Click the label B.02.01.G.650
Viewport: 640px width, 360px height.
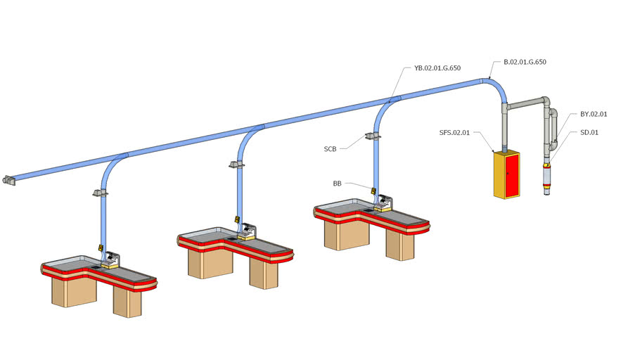coord(525,62)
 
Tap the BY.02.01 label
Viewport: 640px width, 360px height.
coord(594,114)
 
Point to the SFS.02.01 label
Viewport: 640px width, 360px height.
coord(454,132)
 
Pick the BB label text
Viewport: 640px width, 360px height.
coord(337,183)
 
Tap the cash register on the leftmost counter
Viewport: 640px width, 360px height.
coord(112,261)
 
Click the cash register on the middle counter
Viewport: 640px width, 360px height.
coord(248,232)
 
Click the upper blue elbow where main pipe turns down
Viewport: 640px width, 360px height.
coord(496,88)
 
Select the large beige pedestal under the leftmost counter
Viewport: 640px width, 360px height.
coord(73,290)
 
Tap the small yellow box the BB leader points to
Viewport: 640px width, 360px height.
coord(373,191)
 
